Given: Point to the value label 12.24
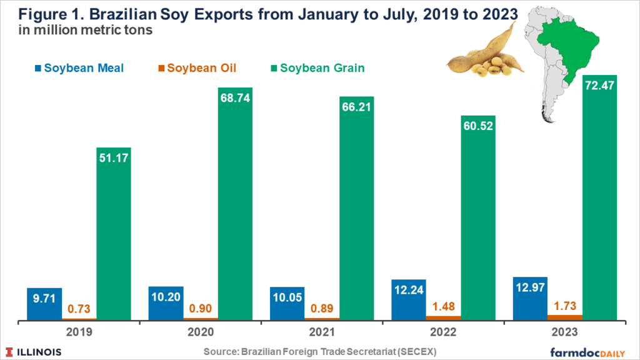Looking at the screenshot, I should (x=408, y=291).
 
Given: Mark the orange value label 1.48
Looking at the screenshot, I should (x=443, y=306).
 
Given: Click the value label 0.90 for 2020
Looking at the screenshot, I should (x=200, y=307).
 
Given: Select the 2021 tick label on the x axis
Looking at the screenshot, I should (x=322, y=333).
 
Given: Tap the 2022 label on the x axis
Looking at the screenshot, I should (x=443, y=333).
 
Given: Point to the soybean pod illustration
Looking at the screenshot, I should (x=481, y=53).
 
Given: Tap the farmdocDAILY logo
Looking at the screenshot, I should (x=591, y=351).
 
